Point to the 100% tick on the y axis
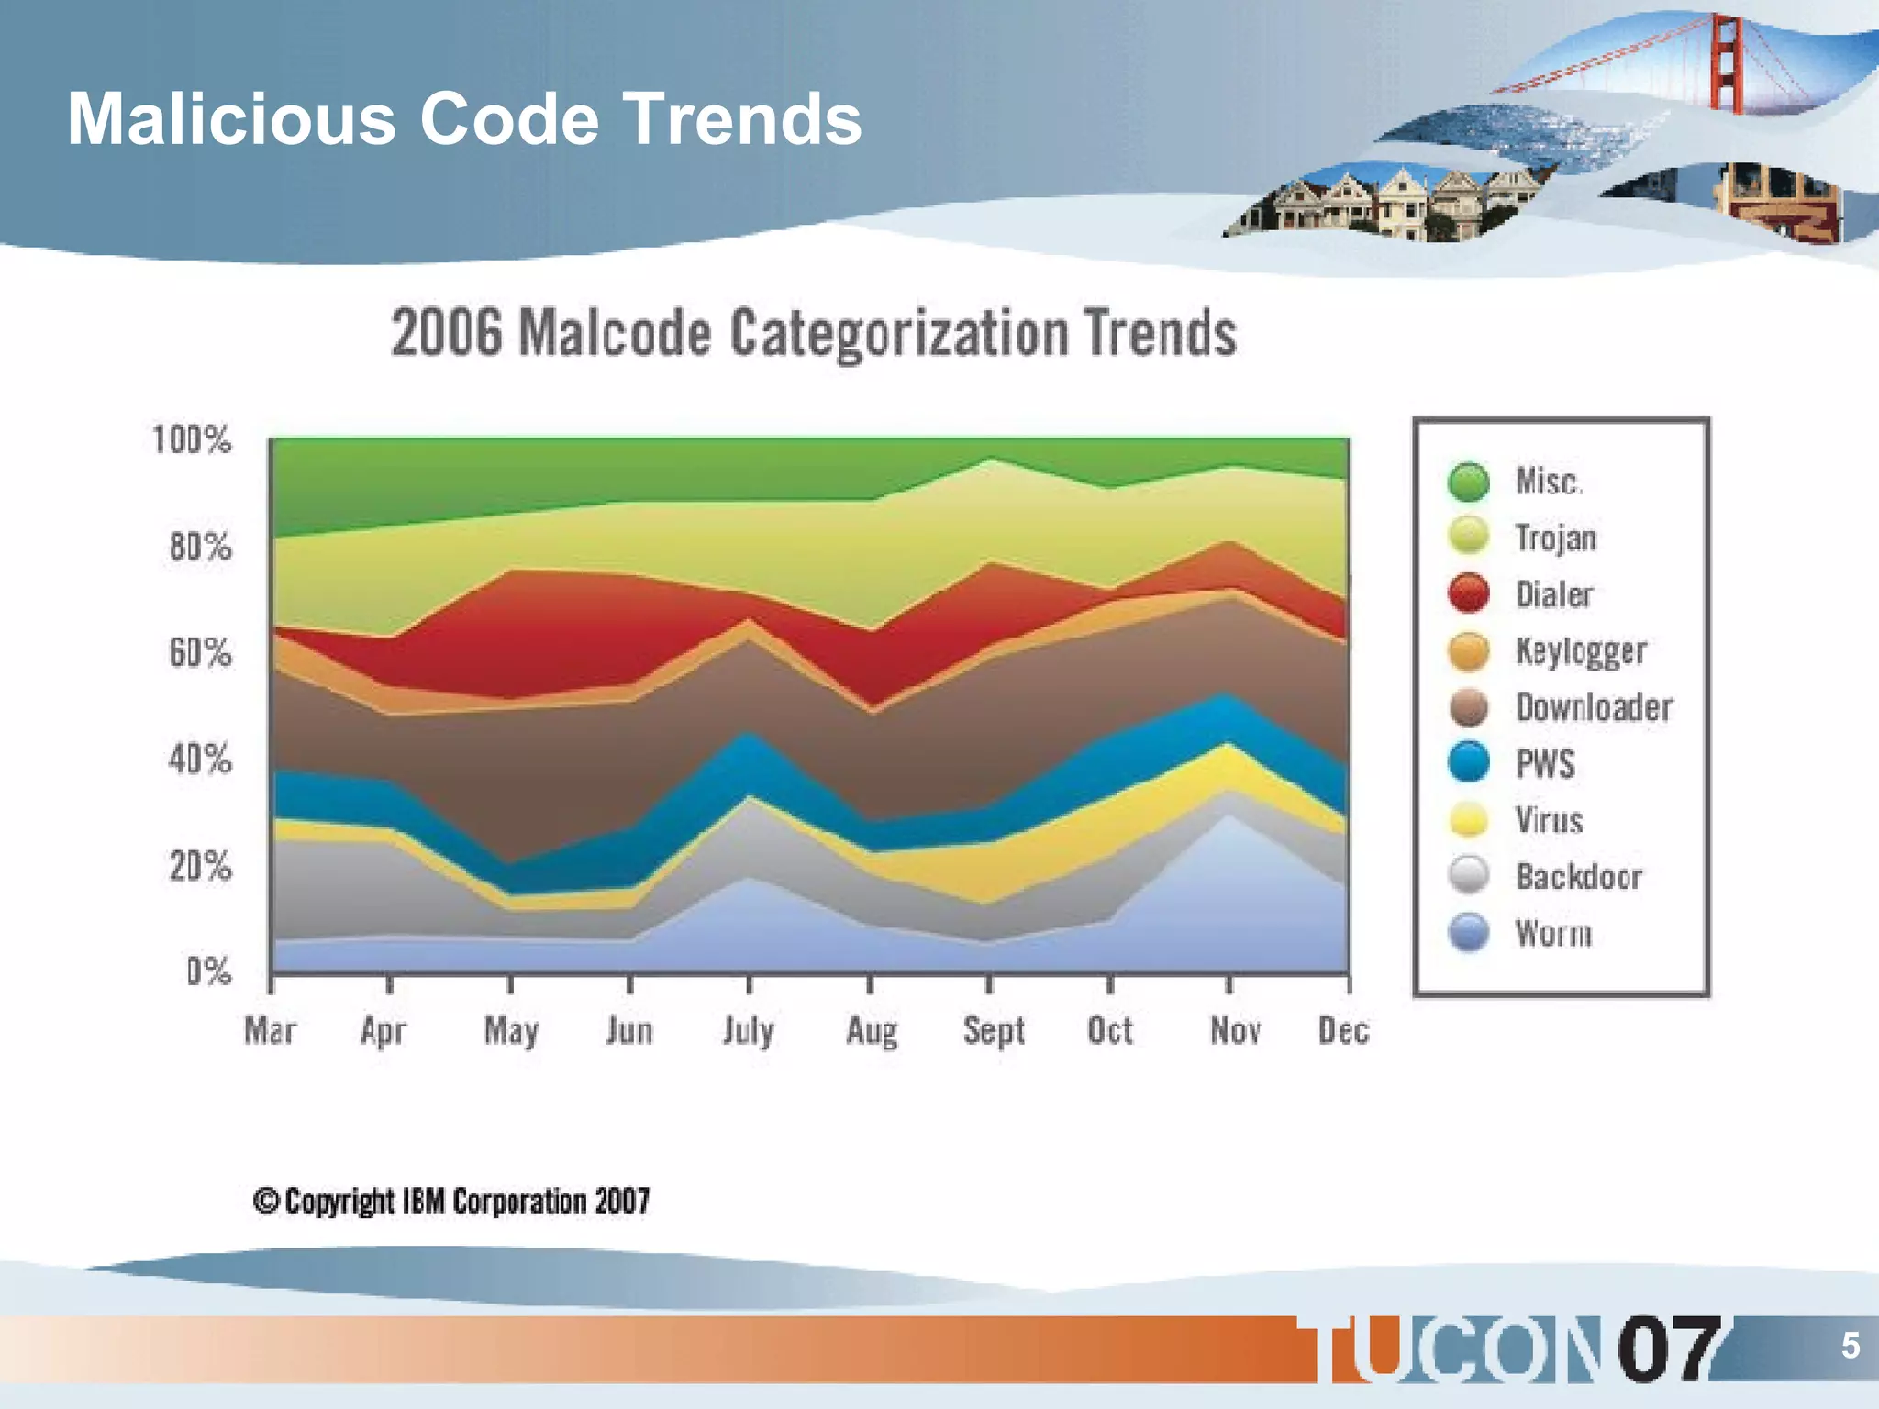point(192,440)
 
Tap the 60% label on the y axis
point(200,653)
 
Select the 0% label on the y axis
point(208,971)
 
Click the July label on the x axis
point(748,1031)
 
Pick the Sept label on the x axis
point(993,1031)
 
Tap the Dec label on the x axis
point(1343,1031)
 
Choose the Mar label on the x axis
point(270,1031)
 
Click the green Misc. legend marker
point(1469,482)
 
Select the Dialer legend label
point(1553,594)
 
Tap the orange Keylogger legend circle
point(1469,651)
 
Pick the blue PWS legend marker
point(1469,763)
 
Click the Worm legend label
point(1553,933)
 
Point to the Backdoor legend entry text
point(1578,877)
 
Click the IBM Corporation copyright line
point(451,1201)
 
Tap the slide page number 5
point(1850,1346)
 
